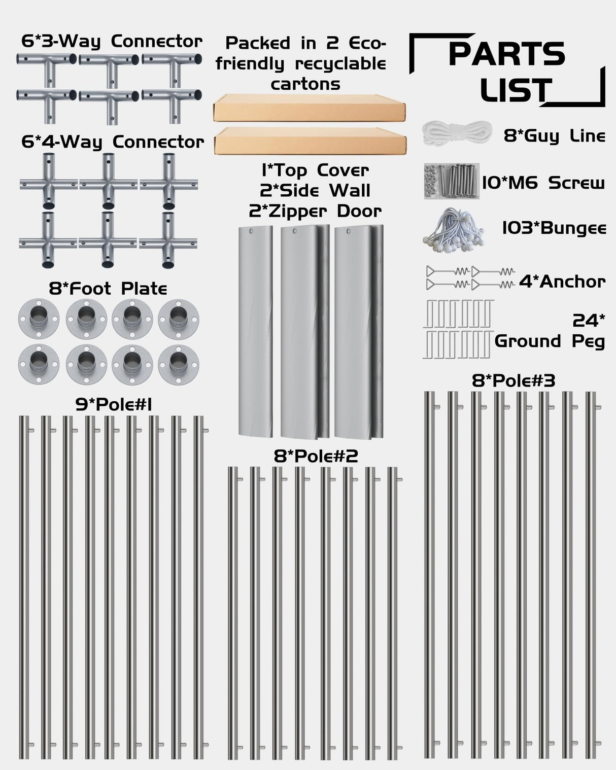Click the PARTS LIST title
pyautogui.click(x=507, y=71)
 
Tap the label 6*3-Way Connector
pyautogui.click(x=112, y=41)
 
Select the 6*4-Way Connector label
pyautogui.click(x=112, y=142)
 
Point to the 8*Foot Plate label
pyautogui.click(x=108, y=289)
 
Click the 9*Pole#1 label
pyautogui.click(x=114, y=404)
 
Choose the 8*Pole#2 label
pyautogui.click(x=316, y=456)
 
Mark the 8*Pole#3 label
pyautogui.click(x=513, y=380)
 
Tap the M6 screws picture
pyautogui.click(x=452, y=181)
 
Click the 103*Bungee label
pyautogui.click(x=554, y=228)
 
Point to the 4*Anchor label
pyautogui.click(x=562, y=282)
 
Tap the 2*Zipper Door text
pyautogui.click(x=315, y=211)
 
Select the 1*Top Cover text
pyautogui.click(x=315, y=170)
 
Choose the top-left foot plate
pyautogui.click(x=39, y=319)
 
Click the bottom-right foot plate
pyautogui.click(x=178, y=364)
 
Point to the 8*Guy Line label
pyautogui.click(x=554, y=136)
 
